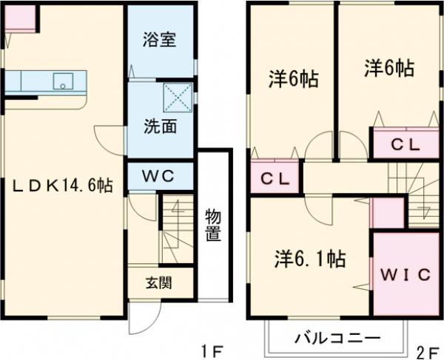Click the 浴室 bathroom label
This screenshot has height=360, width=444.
pyautogui.click(x=159, y=40)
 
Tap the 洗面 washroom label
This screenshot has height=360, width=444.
pyautogui.click(x=159, y=126)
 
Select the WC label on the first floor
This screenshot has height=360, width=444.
pyautogui.click(x=159, y=177)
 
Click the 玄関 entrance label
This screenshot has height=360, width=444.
pyautogui.click(x=158, y=282)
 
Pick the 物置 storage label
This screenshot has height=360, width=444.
pyautogui.click(x=213, y=225)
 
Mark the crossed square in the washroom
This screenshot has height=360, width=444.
pyautogui.click(x=178, y=97)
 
